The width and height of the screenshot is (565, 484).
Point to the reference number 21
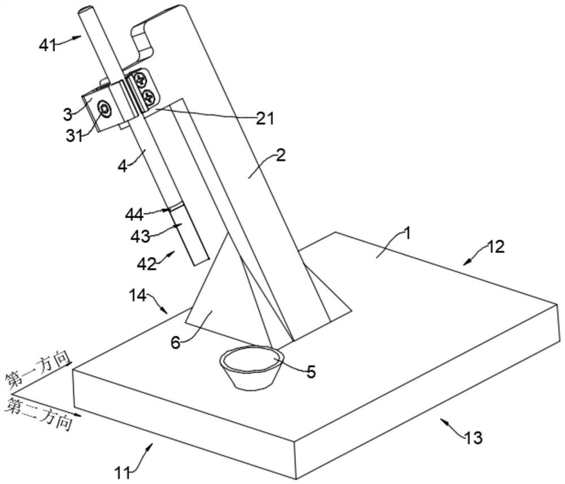[264, 118]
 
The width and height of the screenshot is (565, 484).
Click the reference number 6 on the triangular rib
[176, 342]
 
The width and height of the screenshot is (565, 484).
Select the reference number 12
[496, 247]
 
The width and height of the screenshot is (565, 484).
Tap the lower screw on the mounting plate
[148, 96]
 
